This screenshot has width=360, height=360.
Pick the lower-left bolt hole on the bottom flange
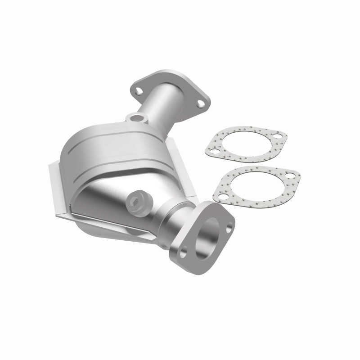pyautogui.click(x=183, y=252)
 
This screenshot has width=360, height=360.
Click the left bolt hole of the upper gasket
pyautogui.click(x=214, y=152)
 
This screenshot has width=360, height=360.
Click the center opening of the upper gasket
pyautogui.click(x=245, y=143)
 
